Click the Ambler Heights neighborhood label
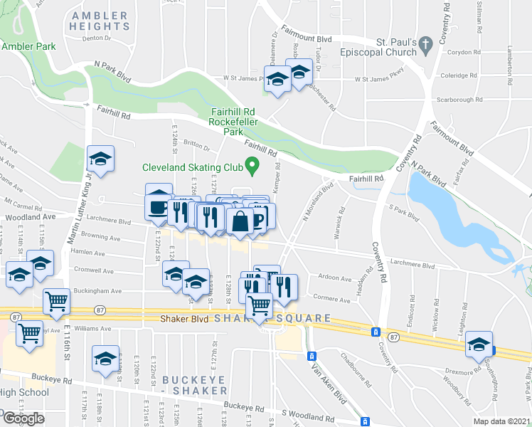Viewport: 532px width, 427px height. click(x=100, y=21)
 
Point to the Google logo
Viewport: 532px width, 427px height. click(x=23, y=418)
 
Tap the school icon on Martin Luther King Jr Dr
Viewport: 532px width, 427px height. click(x=101, y=160)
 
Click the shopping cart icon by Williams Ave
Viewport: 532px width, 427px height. click(x=30, y=333)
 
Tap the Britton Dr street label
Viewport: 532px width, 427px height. click(x=197, y=147)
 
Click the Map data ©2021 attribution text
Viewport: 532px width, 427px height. click(x=502, y=421)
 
